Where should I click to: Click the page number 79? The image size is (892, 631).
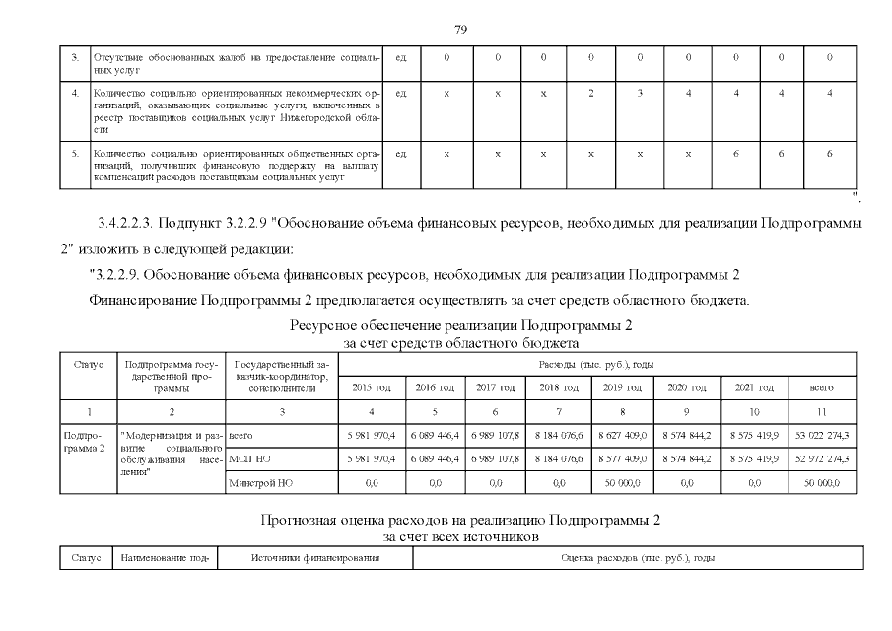(460, 28)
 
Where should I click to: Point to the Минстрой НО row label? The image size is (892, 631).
(254, 484)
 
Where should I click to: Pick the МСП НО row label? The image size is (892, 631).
(243, 458)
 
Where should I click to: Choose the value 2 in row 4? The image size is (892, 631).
(590, 93)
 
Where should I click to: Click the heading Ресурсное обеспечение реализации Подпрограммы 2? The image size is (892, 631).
(460, 325)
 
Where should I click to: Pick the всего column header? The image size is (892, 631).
(821, 387)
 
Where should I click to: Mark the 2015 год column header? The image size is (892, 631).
(371, 387)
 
